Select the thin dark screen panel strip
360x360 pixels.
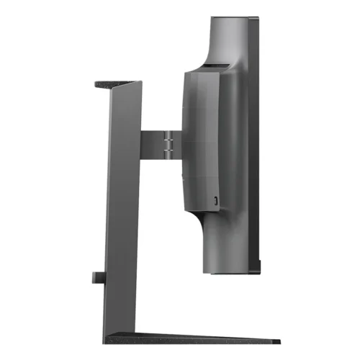pyautogui.click(x=253, y=144)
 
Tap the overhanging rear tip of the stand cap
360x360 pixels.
pyautogui.click(x=96, y=84)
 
